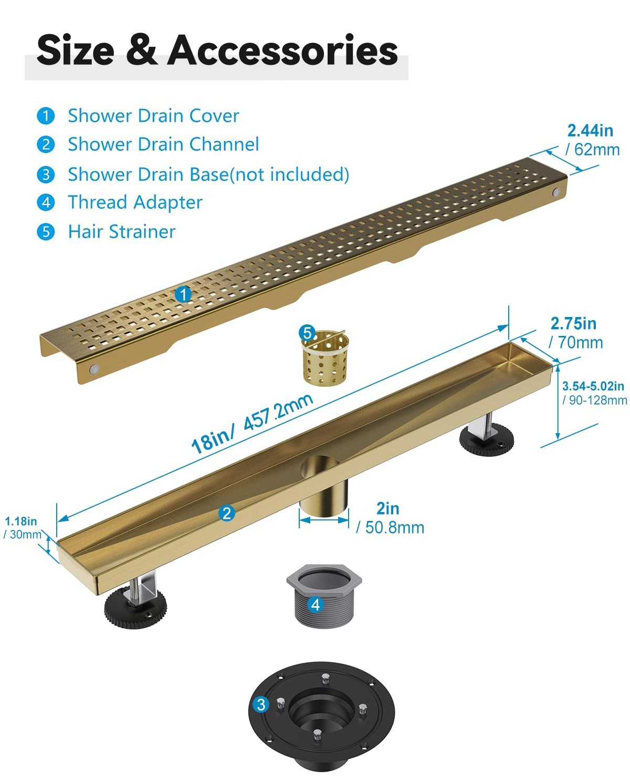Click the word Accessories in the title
pyautogui.click(x=282, y=50)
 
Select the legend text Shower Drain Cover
pyautogui.click(x=154, y=116)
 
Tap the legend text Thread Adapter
pyautogui.click(x=135, y=202)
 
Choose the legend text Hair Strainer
pyautogui.click(x=122, y=232)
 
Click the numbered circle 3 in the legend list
pyautogui.click(x=46, y=174)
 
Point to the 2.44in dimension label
pyautogui.click(x=590, y=130)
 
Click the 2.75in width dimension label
pyautogui.click(x=573, y=323)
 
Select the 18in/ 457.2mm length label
pyautogui.click(x=252, y=423)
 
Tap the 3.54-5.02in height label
pyautogui.click(x=593, y=386)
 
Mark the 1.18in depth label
pyautogui.click(x=21, y=521)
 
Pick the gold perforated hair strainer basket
pyautogui.click(x=324, y=357)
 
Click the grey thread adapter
pyautogui.click(x=323, y=596)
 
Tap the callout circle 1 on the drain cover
pyautogui.click(x=184, y=294)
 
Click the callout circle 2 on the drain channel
pyautogui.click(x=226, y=513)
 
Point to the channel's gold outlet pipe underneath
pyautogui.click(x=323, y=497)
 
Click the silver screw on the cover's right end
pyautogui.click(x=556, y=192)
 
